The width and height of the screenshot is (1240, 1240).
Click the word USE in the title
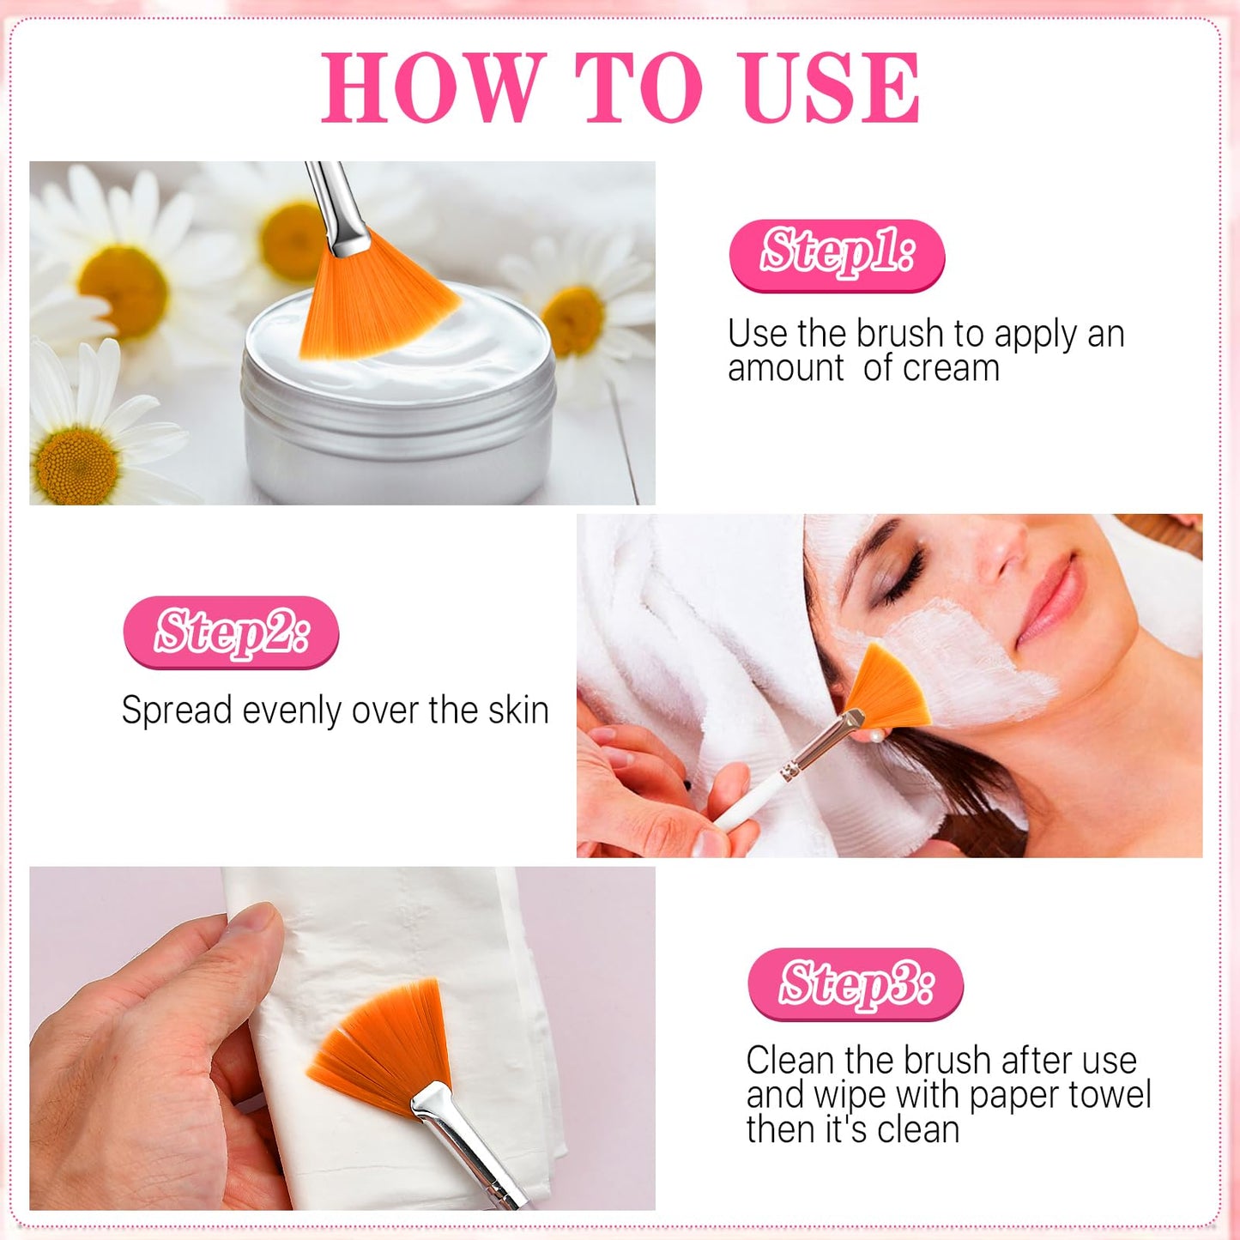tap(829, 88)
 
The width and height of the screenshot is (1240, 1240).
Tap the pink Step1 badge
tap(837, 254)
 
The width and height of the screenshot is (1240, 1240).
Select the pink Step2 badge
tap(231, 633)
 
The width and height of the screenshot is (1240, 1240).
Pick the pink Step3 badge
tap(855, 984)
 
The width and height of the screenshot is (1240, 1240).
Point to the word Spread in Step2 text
tap(177, 711)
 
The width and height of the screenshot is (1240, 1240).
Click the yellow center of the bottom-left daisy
tap(76, 465)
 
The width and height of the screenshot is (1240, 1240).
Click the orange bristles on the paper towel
tap(386, 1043)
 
